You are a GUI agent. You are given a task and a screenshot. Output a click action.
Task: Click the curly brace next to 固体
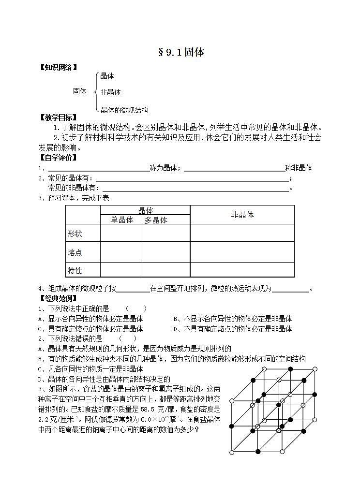pyautogui.click(x=95, y=91)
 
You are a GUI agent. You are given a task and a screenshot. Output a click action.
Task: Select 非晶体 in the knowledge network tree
pyautogui.click(x=110, y=92)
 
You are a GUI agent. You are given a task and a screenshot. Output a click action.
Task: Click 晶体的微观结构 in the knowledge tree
pyautogui.click(x=124, y=110)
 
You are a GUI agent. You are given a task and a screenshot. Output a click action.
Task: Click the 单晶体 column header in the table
pyautogui.click(x=122, y=220)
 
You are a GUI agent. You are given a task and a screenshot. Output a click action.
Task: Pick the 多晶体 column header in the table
pyautogui.click(x=156, y=220)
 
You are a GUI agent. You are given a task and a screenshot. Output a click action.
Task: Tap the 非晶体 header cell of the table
pyautogui.click(x=242, y=215)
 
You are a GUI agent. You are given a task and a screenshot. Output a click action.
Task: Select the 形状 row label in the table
pyautogui.click(x=75, y=234)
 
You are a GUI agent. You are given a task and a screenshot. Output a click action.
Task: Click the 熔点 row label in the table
pyautogui.click(x=75, y=252)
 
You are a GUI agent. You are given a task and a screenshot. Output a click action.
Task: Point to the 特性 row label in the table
pyautogui.click(x=75, y=270)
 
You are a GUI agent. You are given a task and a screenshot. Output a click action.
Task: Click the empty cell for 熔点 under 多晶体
pyautogui.click(x=166, y=252)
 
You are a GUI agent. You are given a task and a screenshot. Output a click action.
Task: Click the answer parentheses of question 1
pyautogui.click(x=136, y=308)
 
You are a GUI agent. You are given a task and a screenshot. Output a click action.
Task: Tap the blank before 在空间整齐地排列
pyautogui.click(x=133, y=289)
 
